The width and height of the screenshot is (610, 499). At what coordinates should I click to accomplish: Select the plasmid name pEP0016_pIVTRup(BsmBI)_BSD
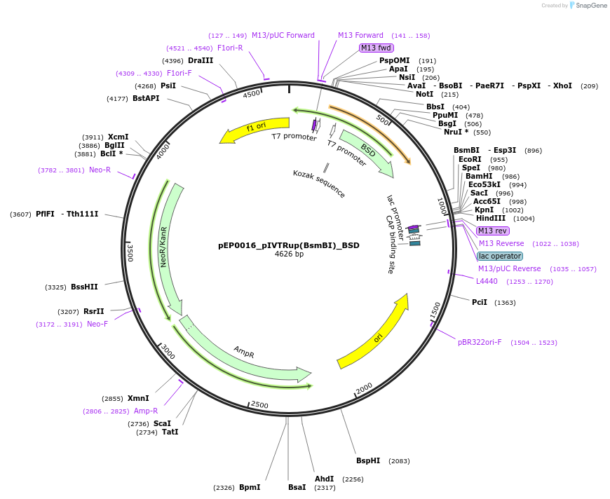point(288,246)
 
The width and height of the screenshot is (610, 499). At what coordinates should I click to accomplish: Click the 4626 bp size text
point(288,254)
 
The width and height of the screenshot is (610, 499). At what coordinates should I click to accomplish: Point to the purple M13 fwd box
point(377,48)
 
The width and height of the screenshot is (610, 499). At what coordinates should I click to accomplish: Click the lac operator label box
point(500,256)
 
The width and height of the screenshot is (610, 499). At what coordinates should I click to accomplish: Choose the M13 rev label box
point(492,231)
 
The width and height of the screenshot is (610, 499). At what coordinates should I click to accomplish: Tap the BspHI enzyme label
point(368,460)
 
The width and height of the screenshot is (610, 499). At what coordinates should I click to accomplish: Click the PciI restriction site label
point(480,302)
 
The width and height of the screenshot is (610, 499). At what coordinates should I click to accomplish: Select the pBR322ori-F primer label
point(480,342)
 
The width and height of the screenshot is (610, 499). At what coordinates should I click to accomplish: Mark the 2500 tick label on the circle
point(259,405)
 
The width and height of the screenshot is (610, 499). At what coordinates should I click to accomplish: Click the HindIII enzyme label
point(491,218)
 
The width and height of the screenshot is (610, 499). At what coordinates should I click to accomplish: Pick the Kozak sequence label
point(319,184)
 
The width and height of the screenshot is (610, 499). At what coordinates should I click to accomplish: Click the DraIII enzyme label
point(201,60)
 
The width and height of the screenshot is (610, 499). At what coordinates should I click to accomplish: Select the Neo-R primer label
point(100,170)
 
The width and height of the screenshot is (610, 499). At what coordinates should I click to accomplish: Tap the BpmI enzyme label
point(250,487)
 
